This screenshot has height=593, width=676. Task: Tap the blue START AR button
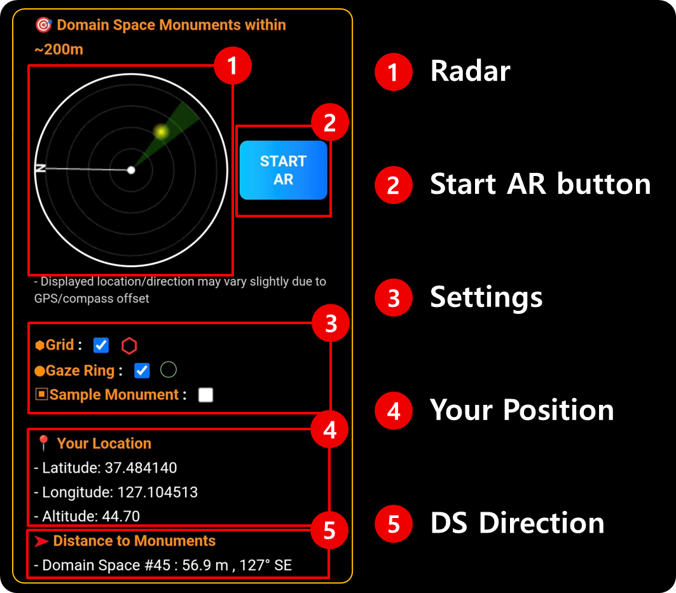point(283,170)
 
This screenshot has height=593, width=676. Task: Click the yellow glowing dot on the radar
point(162,132)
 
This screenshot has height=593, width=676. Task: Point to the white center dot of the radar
point(131,170)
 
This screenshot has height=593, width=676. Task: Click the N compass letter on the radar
point(41,168)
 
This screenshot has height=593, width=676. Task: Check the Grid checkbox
point(101,345)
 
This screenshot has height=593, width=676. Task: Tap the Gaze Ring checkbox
point(142,371)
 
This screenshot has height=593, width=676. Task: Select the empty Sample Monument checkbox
point(205,395)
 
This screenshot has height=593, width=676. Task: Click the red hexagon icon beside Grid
point(129,346)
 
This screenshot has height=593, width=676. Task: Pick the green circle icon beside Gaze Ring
point(169,370)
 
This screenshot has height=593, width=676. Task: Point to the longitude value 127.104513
point(157,492)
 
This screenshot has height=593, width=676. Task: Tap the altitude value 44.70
point(121,516)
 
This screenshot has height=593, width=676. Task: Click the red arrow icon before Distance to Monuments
point(41,542)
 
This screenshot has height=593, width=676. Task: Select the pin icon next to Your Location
point(43,443)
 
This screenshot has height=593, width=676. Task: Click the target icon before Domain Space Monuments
point(43,25)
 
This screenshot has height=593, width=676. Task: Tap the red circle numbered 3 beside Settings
point(394,298)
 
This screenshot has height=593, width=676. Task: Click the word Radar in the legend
point(471,71)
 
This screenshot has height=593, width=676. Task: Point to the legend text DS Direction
point(518,523)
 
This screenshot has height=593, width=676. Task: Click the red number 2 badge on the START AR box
point(330,123)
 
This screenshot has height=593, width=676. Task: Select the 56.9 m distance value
point(205,565)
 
